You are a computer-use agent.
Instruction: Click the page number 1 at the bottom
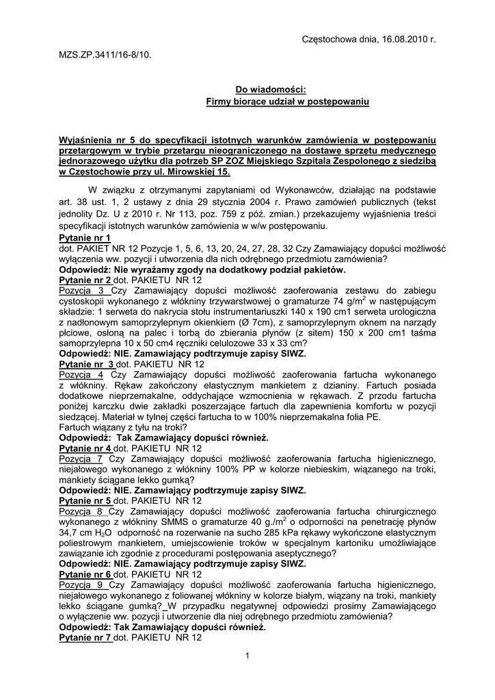pos(247,657)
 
